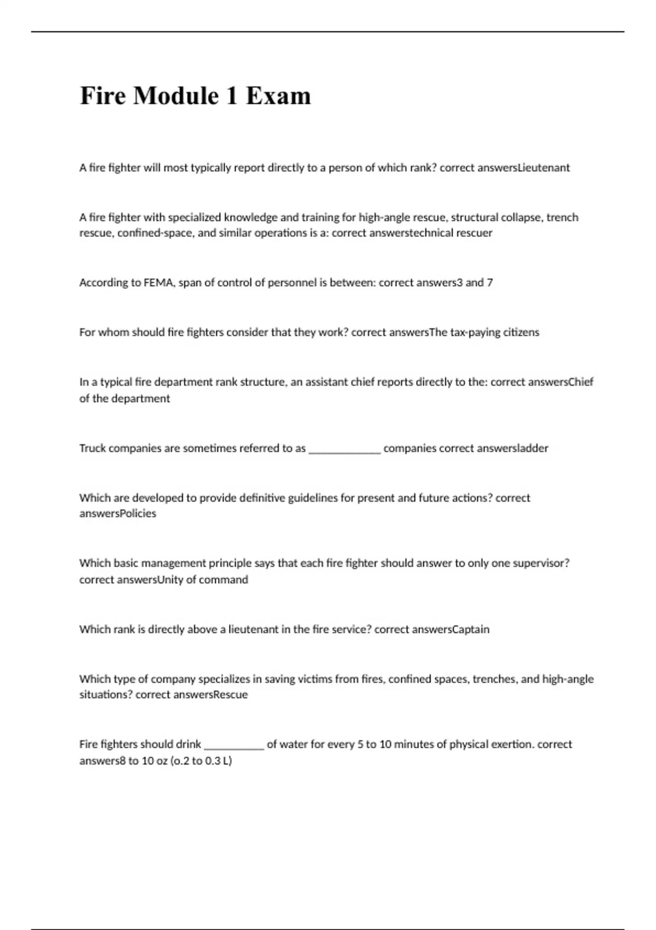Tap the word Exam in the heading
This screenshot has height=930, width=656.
click(278, 96)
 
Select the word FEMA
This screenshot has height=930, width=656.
click(159, 283)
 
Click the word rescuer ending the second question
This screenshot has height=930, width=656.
click(475, 233)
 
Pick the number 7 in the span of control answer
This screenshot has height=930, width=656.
click(490, 283)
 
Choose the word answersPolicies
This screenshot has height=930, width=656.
click(118, 514)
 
